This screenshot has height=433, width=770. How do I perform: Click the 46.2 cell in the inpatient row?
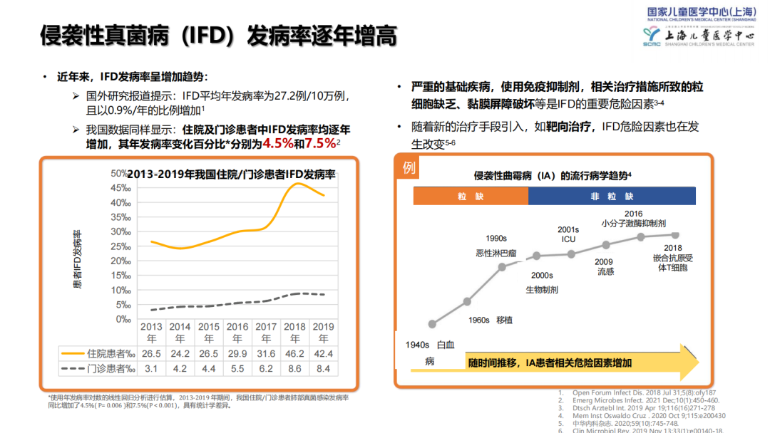[x=295, y=353]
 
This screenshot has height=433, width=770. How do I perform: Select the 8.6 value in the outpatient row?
[x=295, y=368]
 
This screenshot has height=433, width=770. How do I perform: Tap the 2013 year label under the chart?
[x=150, y=332]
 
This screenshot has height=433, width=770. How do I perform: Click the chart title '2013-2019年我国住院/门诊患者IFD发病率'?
[x=231, y=174]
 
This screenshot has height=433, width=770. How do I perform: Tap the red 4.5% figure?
[x=278, y=143]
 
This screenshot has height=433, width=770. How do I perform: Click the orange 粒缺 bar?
[x=471, y=197]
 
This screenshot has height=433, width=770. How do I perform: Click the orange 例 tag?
[x=409, y=168]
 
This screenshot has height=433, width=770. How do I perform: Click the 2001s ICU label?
[x=568, y=234]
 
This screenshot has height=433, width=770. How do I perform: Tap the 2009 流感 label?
[x=605, y=266]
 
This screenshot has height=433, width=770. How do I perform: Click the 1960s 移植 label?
[x=491, y=320]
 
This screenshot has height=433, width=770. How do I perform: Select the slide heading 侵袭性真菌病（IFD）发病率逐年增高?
[x=218, y=36]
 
